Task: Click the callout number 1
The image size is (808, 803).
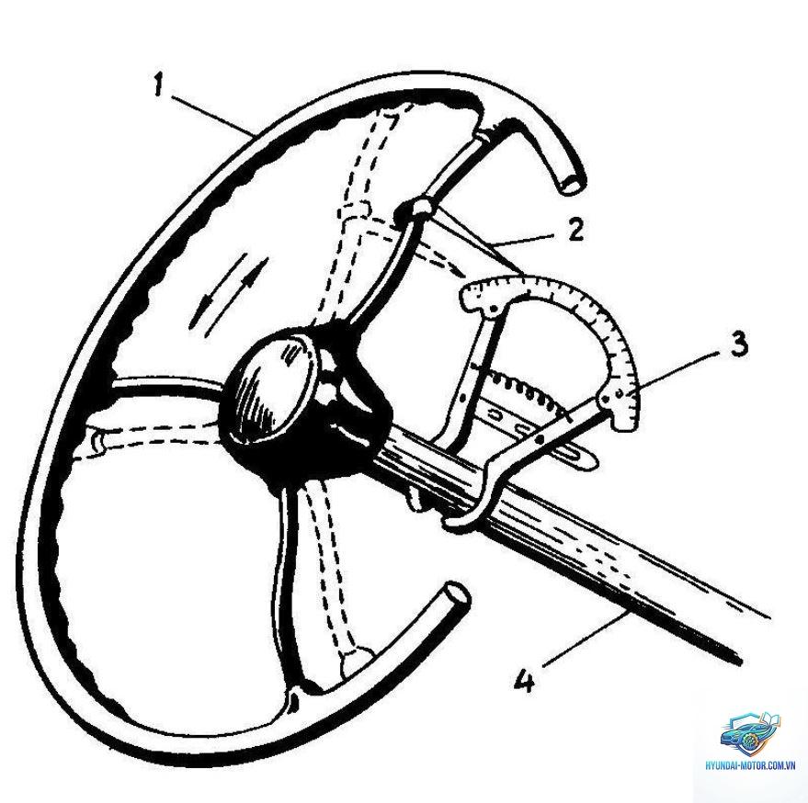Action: point(158,86)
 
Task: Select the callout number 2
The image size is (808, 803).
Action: point(575,229)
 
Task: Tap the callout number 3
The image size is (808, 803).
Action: point(738,344)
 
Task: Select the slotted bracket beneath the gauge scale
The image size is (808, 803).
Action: point(536,430)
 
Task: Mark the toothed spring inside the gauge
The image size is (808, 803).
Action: point(520,389)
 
